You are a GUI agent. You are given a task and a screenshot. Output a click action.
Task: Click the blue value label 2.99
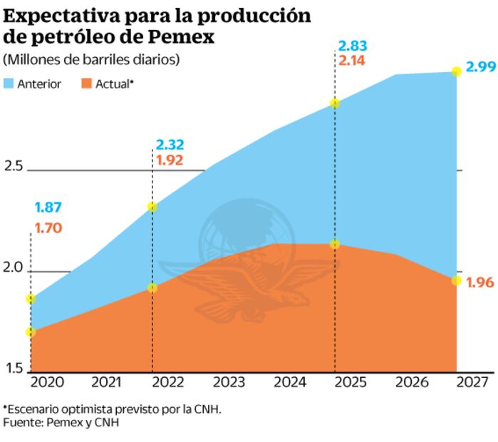pos(479,68)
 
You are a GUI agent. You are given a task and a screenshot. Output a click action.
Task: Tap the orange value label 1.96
pos(479,282)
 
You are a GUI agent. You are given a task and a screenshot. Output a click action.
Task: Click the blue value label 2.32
pos(170,145)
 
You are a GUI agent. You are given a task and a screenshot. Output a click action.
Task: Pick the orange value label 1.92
pos(170,160)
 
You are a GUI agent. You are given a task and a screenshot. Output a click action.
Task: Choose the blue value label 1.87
pos(48,208)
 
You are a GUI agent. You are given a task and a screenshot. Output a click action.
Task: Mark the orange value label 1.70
pos(48,229)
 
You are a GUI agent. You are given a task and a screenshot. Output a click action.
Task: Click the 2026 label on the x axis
pos(411,381)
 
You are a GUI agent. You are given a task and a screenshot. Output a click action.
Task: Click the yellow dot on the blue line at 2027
pos(456,71)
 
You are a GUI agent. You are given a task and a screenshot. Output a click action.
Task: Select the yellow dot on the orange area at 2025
pos(335,245)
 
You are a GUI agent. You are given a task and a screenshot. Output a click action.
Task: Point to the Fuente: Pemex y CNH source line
pos(61,423)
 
